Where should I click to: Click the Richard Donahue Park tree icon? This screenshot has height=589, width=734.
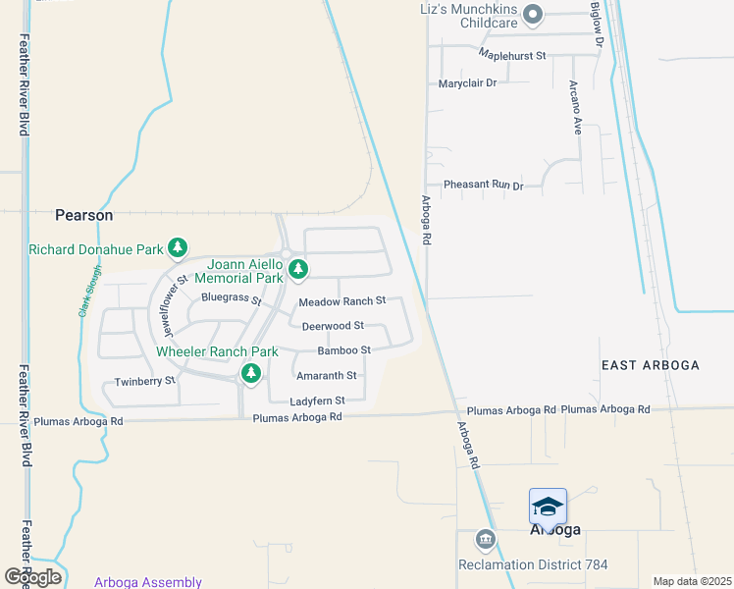coord(178,248)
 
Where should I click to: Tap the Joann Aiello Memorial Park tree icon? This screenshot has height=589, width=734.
coord(298,268)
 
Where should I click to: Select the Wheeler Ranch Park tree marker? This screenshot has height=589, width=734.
coord(251,373)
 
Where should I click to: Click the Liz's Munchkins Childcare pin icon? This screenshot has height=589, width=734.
coord(533,14)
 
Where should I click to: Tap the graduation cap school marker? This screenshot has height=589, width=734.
coord(548,507)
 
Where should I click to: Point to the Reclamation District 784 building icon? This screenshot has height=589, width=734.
coord(485,540)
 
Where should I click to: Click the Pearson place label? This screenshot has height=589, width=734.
coord(83,214)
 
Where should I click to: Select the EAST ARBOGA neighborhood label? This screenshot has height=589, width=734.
coord(650,365)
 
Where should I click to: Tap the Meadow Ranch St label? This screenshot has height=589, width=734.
coord(342,301)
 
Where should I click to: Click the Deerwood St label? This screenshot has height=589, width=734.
coord(333,326)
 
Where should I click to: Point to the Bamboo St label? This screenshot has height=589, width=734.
coord(343,350)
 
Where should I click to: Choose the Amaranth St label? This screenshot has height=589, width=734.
coord(326,376)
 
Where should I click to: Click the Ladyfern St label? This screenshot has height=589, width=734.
coord(317,401)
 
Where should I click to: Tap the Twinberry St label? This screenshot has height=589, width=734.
coord(144,381)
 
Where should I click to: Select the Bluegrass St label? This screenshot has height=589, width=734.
coord(231,297)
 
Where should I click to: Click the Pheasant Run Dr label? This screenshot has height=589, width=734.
coord(483,185)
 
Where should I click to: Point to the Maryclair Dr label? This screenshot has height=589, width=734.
coord(468,83)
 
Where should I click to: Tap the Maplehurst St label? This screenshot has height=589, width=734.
coord(512,56)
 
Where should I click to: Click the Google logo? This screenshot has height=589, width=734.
coord(31,577)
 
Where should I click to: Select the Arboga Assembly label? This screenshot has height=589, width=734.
coord(148,582)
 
